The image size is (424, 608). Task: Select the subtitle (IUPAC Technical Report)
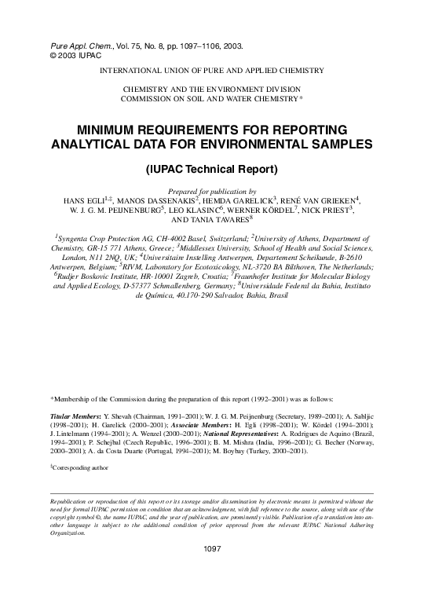pyautogui.click(x=212, y=169)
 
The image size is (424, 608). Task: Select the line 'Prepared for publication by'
pyautogui.click(x=212, y=191)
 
